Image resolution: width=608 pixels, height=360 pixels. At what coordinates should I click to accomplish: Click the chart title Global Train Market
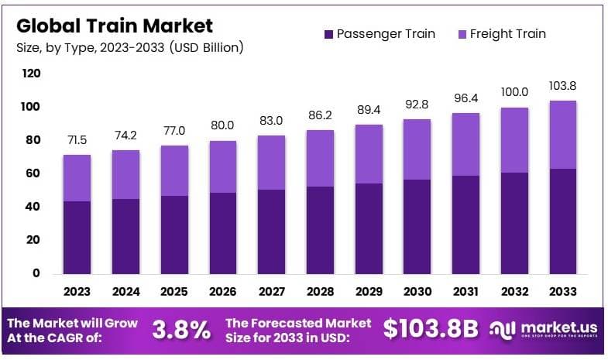pos(114,25)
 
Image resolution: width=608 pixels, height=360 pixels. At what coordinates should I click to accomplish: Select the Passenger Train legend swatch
pos(328,34)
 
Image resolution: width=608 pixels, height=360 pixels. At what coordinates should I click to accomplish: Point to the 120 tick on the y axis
pos(31,74)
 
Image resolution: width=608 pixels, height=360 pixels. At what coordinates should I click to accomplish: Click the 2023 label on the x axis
pos(77,292)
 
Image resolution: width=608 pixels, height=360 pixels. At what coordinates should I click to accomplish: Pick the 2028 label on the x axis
pos(320,292)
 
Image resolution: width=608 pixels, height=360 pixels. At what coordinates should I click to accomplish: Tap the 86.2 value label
pos(320,116)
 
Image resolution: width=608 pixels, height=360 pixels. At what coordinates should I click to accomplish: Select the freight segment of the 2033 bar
pos(562,135)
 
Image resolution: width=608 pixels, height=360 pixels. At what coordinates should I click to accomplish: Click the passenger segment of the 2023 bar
pos(77,237)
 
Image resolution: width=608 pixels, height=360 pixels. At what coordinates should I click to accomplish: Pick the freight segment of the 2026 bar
pos(223,166)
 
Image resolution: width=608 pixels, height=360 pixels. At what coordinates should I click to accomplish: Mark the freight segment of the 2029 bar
pos(368,154)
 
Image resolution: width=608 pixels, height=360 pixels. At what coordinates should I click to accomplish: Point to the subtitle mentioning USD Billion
pos(129,47)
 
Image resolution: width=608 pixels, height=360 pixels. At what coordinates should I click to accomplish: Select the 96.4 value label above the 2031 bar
pos(465,99)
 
